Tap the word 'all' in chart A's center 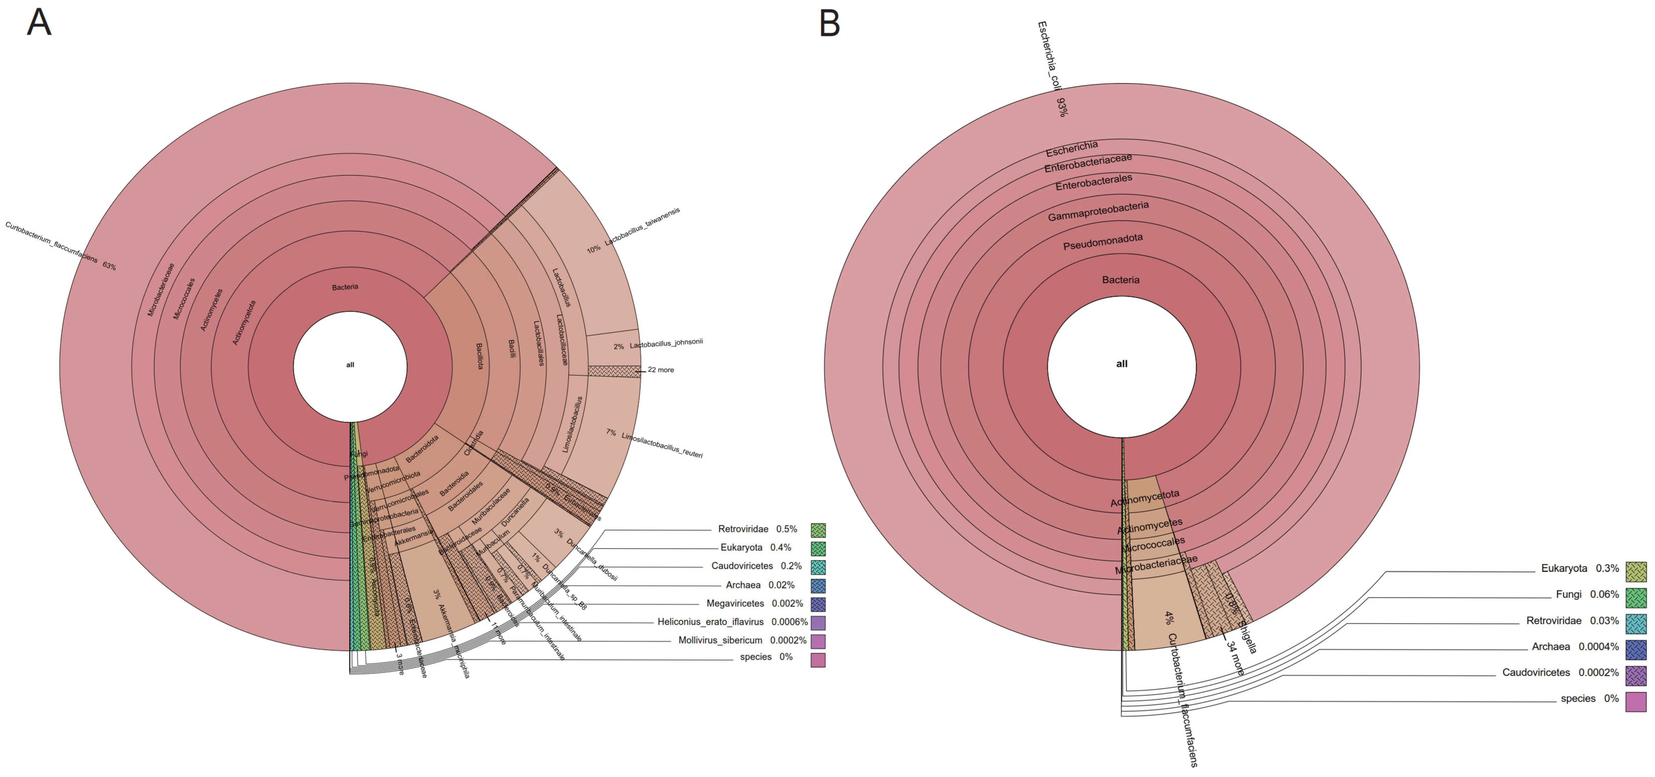tap(350, 365)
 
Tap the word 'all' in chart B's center tap(1122, 364)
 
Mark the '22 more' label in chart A tap(661, 370)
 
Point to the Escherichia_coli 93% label tap(1051, 67)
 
